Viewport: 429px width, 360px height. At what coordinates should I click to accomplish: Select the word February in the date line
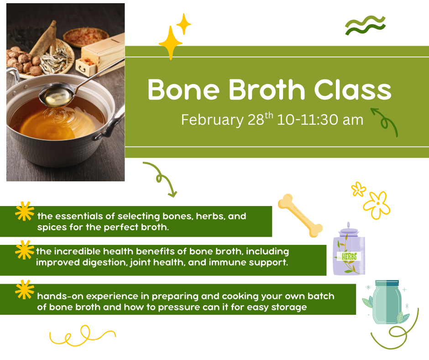[212, 120]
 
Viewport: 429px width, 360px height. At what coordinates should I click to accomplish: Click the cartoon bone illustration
[300, 216]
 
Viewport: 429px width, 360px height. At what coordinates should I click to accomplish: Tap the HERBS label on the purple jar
[349, 256]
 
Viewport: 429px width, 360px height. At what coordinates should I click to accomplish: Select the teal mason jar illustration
[386, 302]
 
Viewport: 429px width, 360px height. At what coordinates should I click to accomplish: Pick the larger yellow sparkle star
[170, 42]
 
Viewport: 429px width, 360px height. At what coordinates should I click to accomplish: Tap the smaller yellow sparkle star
[183, 24]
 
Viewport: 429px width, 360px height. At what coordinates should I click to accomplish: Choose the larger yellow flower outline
[377, 204]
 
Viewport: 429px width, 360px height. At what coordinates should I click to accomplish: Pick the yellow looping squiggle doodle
[82, 336]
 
